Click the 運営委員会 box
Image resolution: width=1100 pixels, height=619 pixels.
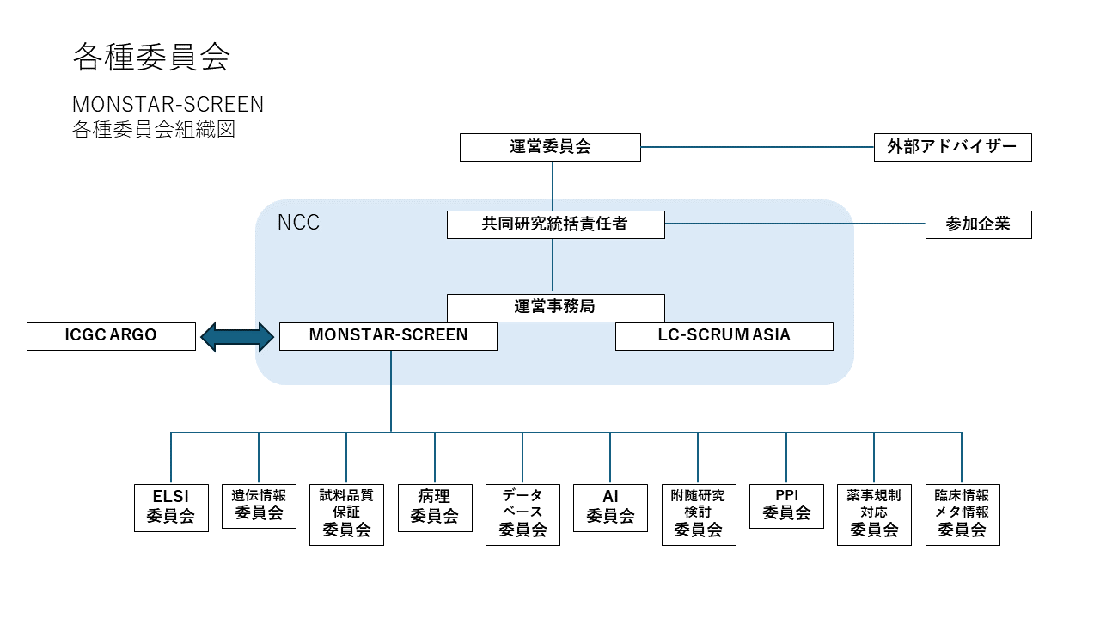(550, 147)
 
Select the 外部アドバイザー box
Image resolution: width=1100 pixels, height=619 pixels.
(952, 147)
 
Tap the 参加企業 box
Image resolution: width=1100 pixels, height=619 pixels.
(978, 224)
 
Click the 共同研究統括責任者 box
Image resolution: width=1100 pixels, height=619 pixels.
(555, 224)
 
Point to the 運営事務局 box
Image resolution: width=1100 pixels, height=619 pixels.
(555, 307)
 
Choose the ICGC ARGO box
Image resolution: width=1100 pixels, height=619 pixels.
(111, 336)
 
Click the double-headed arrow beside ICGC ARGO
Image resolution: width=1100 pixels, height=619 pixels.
(237, 336)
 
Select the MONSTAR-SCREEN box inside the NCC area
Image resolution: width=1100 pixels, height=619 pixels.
(388, 336)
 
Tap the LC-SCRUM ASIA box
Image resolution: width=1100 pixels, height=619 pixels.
(724, 336)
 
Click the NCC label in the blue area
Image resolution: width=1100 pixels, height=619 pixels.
(298, 223)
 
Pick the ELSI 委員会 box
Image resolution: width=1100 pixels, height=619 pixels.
(171, 507)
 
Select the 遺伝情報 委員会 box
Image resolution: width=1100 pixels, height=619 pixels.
(259, 506)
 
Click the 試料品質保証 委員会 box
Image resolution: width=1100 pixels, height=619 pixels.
(346, 514)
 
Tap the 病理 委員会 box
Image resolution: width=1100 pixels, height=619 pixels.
(435, 507)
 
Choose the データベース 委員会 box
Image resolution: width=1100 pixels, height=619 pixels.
(522, 514)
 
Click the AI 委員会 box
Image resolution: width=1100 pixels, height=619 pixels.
(610, 507)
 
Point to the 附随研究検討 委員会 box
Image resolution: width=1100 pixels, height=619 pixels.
(699, 514)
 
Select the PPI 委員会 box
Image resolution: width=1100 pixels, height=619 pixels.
(786, 506)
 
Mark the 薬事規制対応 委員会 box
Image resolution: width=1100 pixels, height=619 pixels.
(874, 514)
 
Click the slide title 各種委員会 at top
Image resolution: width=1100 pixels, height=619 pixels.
(151, 58)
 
